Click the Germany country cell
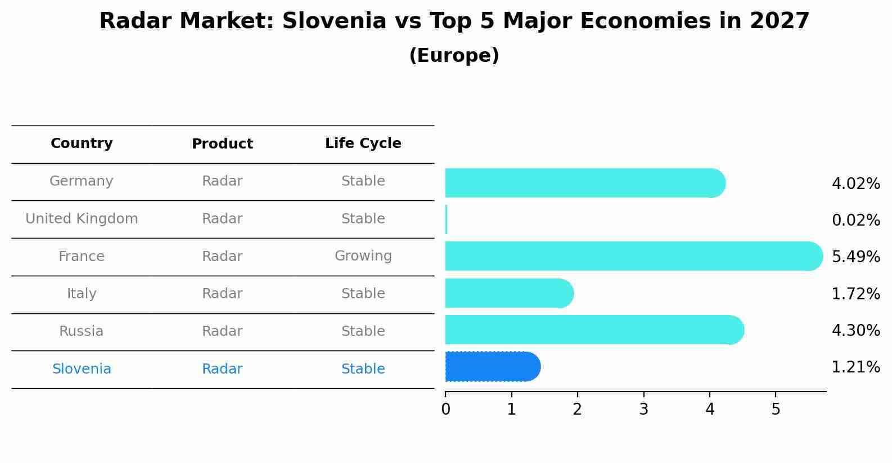(82, 181)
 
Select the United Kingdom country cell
(82, 219)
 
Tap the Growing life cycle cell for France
(363, 256)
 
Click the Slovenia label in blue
(82, 369)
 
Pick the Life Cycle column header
(363, 143)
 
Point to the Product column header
(222, 144)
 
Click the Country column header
(82, 143)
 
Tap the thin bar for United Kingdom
(447, 219)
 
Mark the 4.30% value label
(855, 330)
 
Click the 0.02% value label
(855, 220)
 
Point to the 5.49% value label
(855, 257)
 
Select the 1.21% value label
(855, 367)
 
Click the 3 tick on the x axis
(644, 409)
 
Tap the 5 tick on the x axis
(776, 409)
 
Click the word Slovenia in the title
(334, 21)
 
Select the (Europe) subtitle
(454, 56)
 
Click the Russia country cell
(82, 331)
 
